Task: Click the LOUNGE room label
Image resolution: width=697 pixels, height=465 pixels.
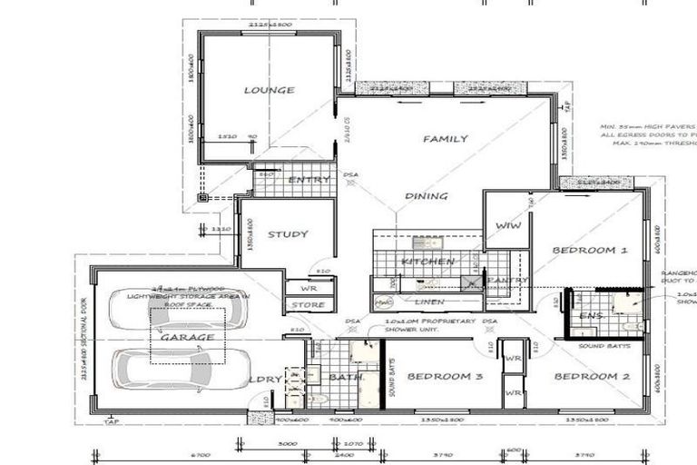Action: pos(269,90)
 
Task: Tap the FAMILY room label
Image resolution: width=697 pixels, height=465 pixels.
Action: pos(445,139)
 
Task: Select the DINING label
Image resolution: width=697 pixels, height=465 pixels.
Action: pos(427,196)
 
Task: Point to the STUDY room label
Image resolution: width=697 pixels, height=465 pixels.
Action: pos(287,234)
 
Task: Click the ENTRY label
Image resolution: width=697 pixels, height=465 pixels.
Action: pos(309,180)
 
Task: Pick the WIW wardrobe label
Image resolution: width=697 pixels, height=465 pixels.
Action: pos(507,226)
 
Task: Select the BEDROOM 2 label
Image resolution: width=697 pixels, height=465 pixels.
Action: pos(592,376)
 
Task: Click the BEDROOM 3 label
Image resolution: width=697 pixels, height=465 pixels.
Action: pos(445,376)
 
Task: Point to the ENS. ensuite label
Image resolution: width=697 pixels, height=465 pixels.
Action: pos(592,315)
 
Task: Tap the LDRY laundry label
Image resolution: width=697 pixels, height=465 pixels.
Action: pos(264,376)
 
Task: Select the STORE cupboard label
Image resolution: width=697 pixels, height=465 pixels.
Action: pos(309,305)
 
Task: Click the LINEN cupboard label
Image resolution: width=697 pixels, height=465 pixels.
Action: pos(428,301)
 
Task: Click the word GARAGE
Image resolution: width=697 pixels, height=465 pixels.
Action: pos(188,337)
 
